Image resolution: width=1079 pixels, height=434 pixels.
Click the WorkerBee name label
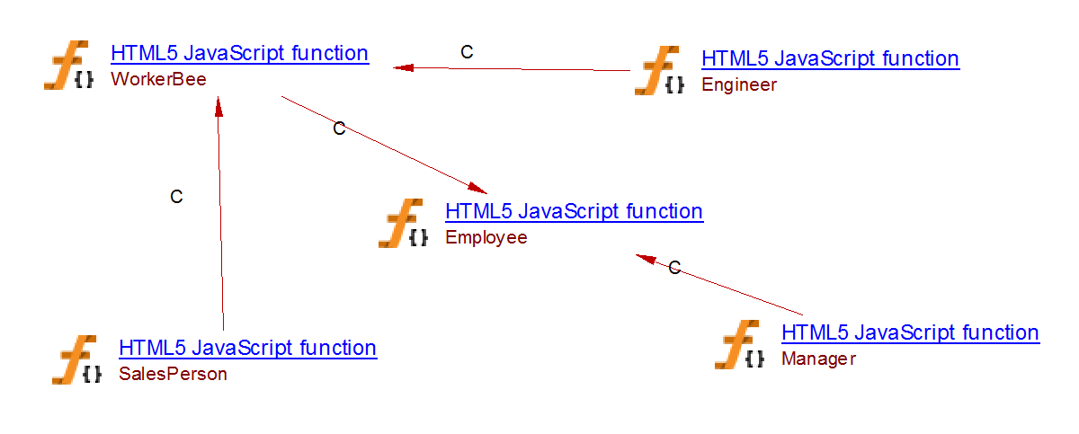[x=158, y=79]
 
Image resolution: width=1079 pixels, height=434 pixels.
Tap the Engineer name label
[x=738, y=85]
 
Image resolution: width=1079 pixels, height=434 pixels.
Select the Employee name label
[x=486, y=238]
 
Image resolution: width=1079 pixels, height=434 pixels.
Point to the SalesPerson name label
[x=173, y=374]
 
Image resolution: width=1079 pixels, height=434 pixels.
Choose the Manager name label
[x=818, y=359]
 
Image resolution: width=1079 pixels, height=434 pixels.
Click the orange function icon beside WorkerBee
[x=68, y=66]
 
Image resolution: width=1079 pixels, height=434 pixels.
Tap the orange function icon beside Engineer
[x=659, y=71]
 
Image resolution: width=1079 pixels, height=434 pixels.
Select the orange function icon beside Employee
[x=403, y=224]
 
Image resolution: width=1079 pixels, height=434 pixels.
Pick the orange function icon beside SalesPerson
[x=76, y=359]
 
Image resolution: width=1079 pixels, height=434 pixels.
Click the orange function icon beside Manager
[x=740, y=345]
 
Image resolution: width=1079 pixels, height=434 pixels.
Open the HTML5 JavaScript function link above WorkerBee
[x=239, y=53]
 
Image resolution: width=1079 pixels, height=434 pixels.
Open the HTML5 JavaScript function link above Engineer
[x=830, y=59]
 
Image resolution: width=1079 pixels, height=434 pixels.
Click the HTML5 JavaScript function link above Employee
[x=574, y=212]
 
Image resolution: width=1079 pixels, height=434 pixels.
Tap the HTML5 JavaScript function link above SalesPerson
[x=247, y=348]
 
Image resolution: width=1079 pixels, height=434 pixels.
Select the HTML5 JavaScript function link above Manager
[x=910, y=332]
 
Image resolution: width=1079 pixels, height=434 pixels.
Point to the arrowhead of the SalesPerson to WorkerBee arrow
[x=218, y=105]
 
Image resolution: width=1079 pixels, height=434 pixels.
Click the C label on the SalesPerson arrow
[x=176, y=197]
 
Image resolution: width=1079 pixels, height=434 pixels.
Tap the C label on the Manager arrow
[x=674, y=267]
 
